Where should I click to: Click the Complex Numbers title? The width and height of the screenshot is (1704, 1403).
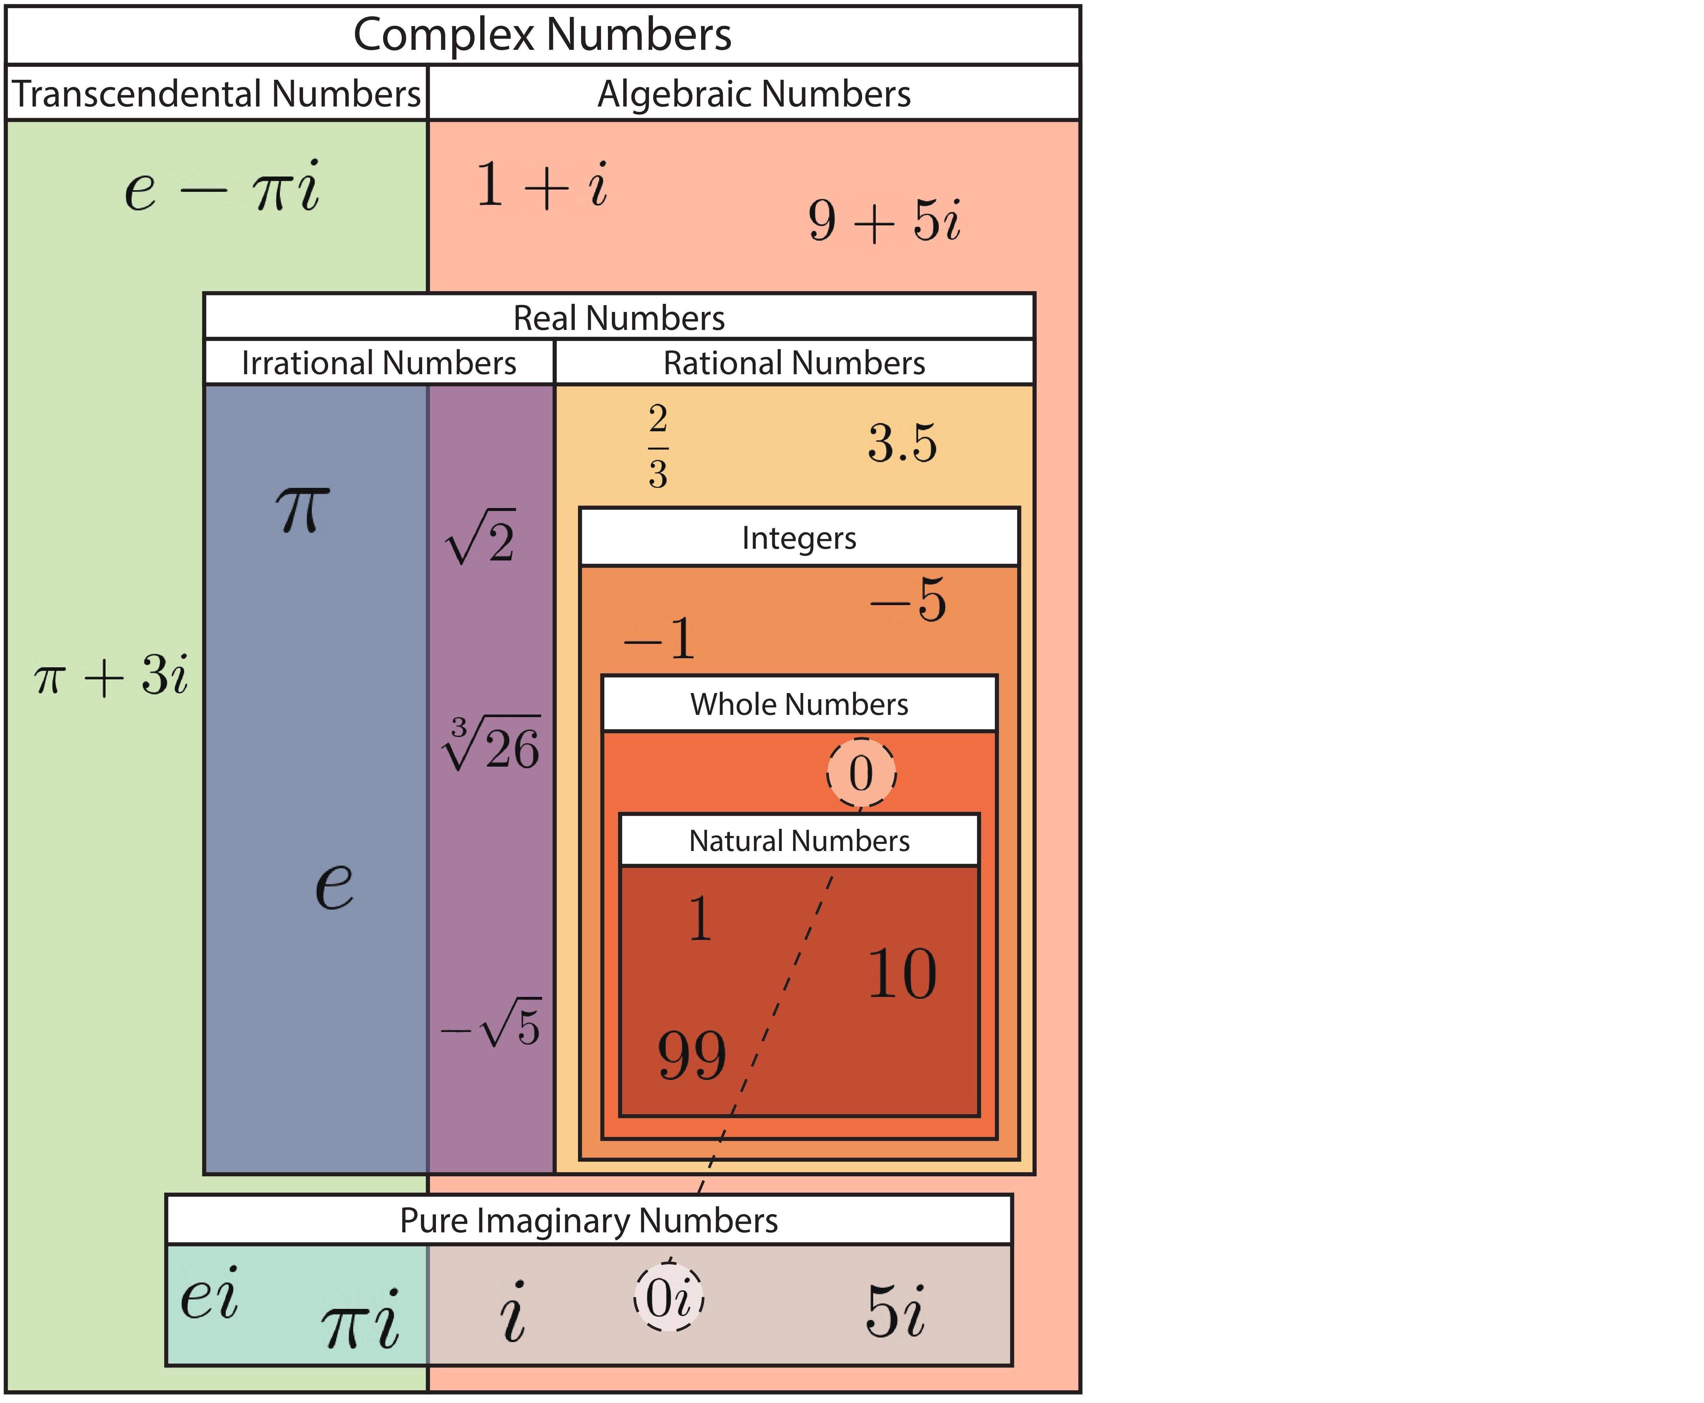[542, 35]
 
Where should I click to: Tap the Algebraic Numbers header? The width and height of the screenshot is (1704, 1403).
[753, 94]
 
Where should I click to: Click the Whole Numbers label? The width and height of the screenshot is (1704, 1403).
[799, 704]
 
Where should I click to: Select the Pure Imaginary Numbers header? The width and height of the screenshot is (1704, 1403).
[588, 1220]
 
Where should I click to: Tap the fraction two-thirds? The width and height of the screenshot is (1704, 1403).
[658, 446]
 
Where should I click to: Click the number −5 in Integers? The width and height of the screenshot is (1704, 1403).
[908, 601]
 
